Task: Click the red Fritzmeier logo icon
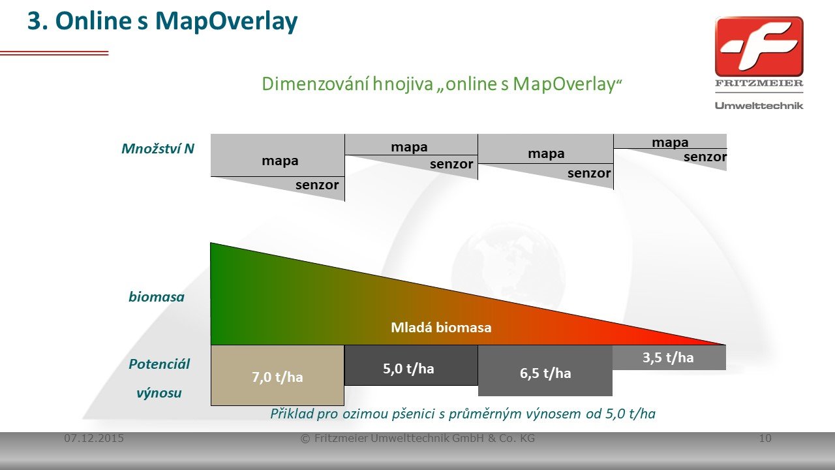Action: (x=759, y=46)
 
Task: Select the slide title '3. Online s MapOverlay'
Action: (x=162, y=21)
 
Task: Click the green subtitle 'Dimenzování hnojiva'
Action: (x=347, y=84)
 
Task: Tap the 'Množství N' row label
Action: (x=158, y=149)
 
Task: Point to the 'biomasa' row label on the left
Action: (x=157, y=297)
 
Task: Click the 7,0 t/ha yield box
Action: (x=277, y=375)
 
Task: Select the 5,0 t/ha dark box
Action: (x=411, y=365)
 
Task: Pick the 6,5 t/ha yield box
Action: (x=545, y=370)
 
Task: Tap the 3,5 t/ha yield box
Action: (x=669, y=357)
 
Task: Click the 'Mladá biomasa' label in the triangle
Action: (x=441, y=328)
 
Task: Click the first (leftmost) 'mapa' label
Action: (x=280, y=161)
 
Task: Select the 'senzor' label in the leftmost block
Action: (x=317, y=185)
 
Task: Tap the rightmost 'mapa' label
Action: (x=670, y=142)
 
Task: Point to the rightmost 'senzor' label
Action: (x=705, y=157)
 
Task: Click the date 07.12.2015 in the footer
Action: (x=94, y=438)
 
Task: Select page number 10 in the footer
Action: (x=765, y=438)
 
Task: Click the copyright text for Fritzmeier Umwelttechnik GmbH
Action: (x=417, y=438)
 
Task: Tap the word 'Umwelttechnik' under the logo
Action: (x=759, y=106)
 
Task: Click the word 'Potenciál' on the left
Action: (x=159, y=364)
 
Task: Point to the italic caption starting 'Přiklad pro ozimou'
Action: (x=463, y=414)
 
